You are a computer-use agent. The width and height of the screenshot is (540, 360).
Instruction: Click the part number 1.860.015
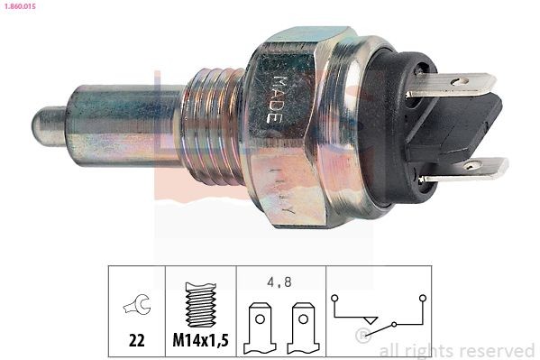click(x=21, y=8)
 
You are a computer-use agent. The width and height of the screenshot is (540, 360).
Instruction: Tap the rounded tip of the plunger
click(x=45, y=120)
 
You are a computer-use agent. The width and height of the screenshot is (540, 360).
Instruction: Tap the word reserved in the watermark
click(x=497, y=350)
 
